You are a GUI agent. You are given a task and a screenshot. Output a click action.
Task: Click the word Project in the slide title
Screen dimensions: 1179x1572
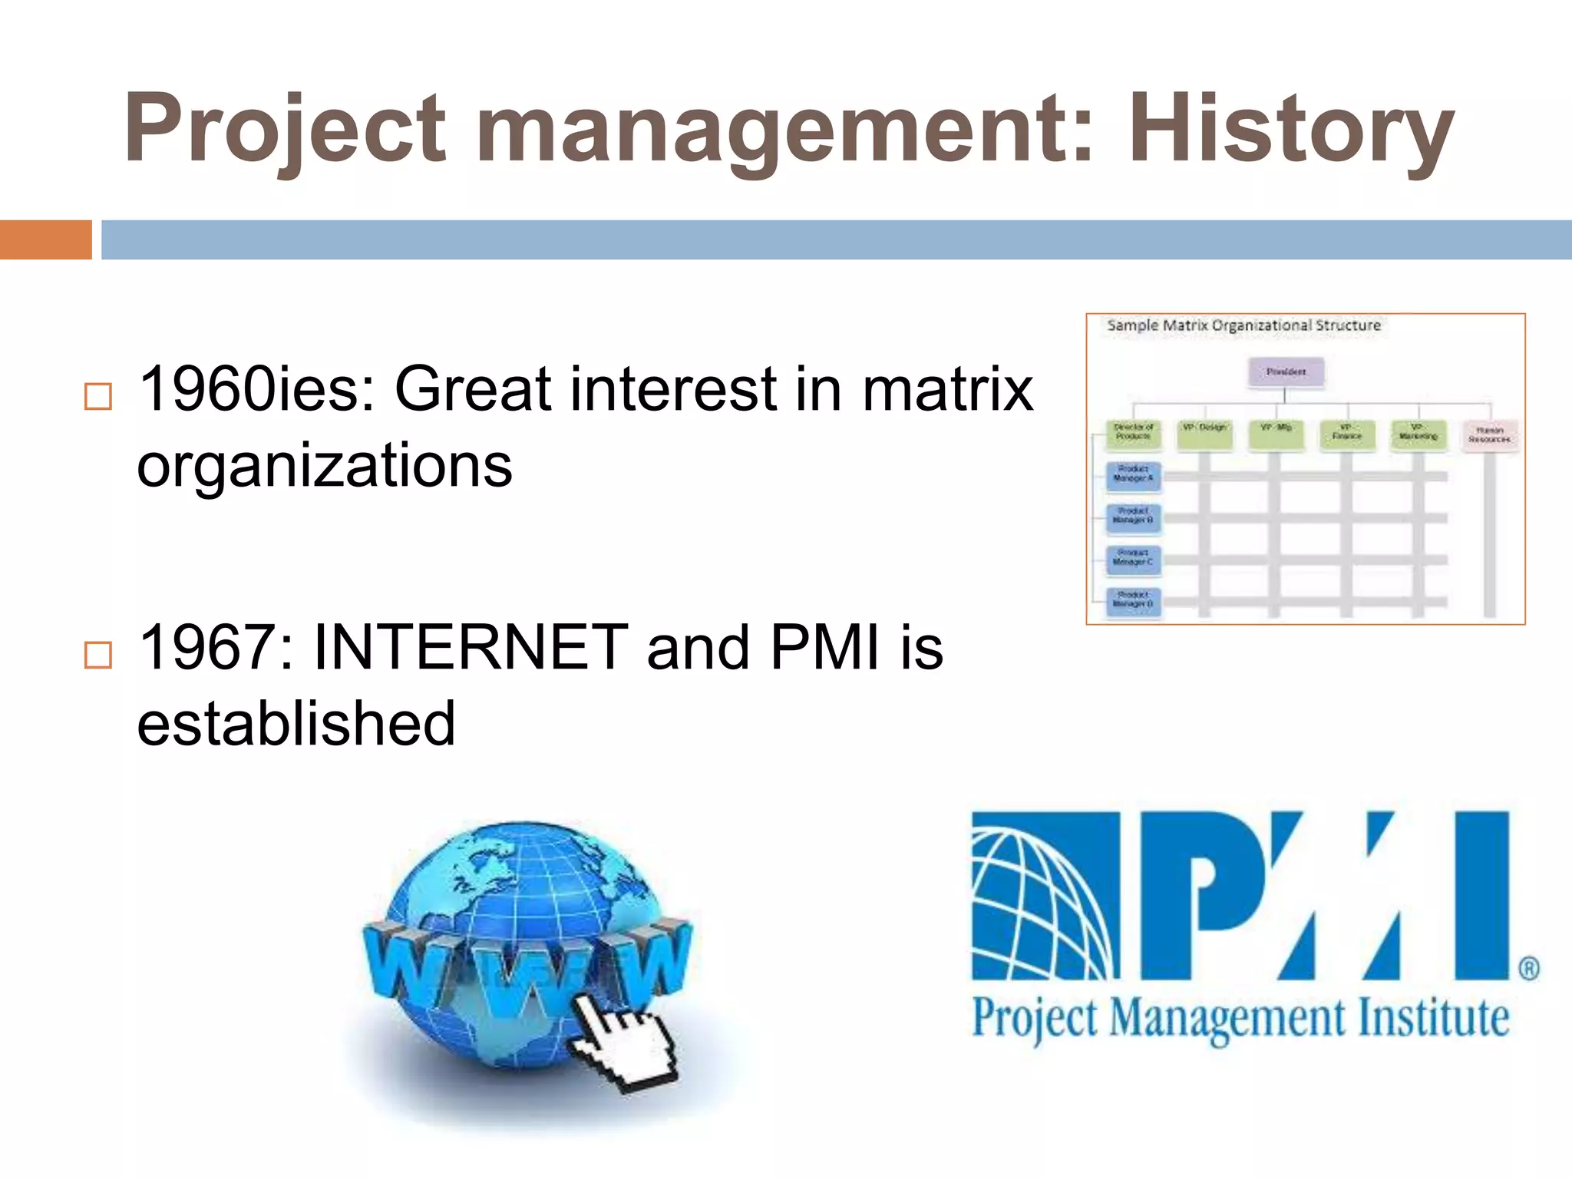point(284,129)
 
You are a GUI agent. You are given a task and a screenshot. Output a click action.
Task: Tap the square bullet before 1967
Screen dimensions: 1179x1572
point(97,655)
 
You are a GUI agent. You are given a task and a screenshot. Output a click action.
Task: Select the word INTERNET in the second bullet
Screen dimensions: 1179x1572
point(471,647)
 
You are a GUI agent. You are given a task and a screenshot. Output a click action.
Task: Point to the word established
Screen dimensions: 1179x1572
point(296,723)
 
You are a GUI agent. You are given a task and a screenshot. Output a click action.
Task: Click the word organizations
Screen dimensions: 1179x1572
point(324,465)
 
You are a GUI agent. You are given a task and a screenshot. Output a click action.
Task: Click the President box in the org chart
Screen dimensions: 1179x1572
point(1286,372)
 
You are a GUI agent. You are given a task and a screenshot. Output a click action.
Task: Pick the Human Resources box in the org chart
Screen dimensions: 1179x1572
point(1489,435)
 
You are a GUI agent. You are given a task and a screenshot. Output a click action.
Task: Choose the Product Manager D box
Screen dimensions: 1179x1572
point(1133,600)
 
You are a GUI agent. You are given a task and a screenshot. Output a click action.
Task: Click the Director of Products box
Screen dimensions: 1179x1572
point(1133,433)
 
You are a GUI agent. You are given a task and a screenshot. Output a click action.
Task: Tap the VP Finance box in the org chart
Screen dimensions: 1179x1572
point(1346,433)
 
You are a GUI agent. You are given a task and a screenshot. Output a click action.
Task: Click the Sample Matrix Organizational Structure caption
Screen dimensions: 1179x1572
point(1243,325)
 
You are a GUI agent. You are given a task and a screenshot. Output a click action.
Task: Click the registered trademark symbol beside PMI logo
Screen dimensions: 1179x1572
point(1528,968)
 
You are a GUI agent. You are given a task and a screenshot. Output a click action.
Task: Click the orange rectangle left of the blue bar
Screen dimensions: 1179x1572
point(45,239)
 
